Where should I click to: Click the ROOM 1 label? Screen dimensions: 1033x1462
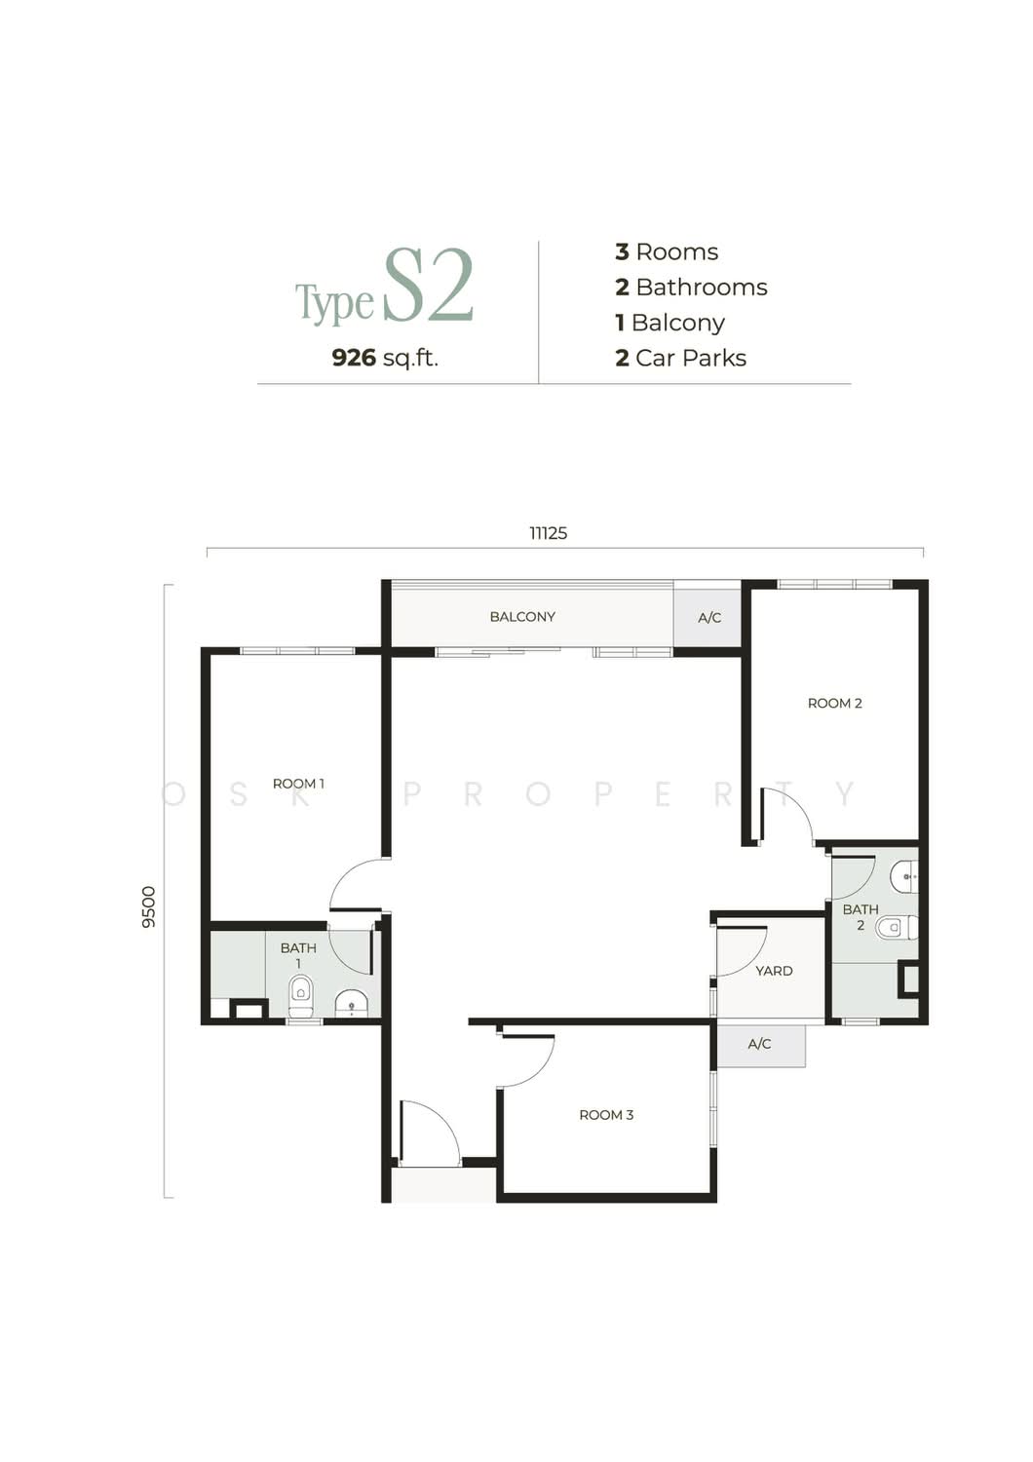298,784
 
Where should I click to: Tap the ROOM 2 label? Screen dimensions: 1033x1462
834,703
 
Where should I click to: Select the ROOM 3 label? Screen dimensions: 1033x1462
606,1115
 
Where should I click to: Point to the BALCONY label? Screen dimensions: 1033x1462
522,616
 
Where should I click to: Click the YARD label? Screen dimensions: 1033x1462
774,971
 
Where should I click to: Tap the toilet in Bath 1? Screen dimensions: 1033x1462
301,996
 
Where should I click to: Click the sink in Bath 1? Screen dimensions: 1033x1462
352,1004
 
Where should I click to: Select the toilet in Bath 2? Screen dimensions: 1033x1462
897,927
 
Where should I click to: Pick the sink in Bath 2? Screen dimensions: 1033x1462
904,876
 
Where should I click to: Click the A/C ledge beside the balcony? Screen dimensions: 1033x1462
708,617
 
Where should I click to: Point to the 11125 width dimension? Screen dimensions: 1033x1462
548,533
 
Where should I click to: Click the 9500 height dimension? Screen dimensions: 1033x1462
149,906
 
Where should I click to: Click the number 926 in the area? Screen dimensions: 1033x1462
355,358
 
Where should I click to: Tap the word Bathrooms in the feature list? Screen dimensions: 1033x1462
702,288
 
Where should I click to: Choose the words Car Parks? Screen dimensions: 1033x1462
691,358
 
